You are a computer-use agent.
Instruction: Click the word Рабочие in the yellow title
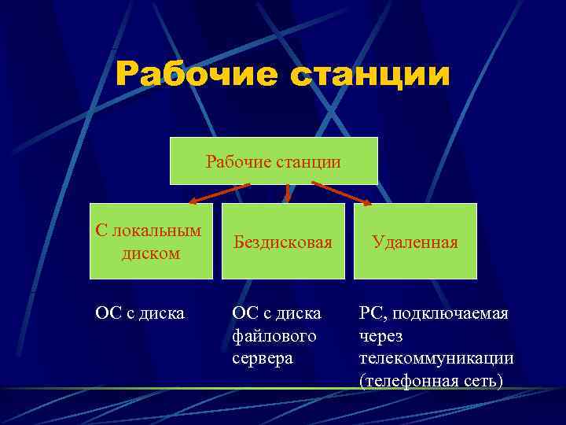coord(197,76)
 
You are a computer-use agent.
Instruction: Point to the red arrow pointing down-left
coord(217,194)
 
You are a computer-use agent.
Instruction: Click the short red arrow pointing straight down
coord(288,193)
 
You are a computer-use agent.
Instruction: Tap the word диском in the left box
coord(151,253)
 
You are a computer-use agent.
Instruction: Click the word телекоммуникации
coord(436,358)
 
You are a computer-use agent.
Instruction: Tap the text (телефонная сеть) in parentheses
coord(430,381)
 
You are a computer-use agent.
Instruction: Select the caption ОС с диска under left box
coord(140,313)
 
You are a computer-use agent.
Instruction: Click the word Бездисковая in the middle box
coord(283,242)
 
